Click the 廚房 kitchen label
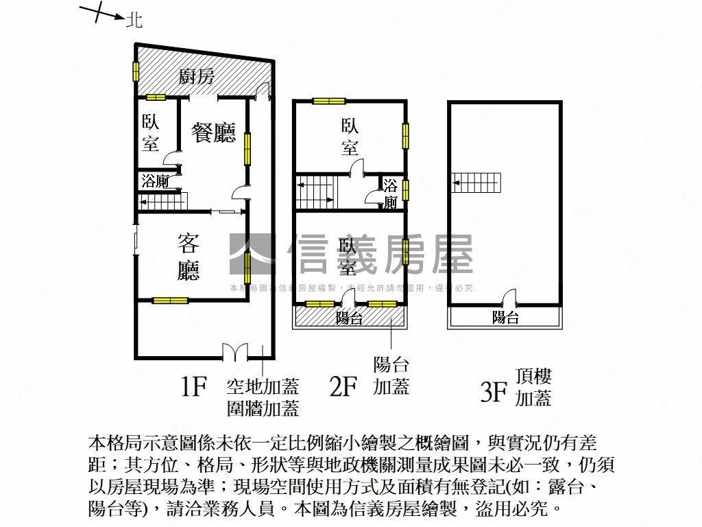[x=197, y=76]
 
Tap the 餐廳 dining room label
[x=214, y=132]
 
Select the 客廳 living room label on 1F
[x=189, y=257]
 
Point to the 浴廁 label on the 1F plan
[x=155, y=181]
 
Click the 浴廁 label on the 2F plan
[x=391, y=194]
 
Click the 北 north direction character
[x=134, y=21]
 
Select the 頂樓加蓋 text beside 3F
[x=533, y=386]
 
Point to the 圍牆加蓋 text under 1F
[x=263, y=409]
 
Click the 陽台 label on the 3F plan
[x=505, y=317]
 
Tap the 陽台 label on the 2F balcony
[x=350, y=318]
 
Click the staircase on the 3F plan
[x=477, y=183]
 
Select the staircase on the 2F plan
[x=315, y=191]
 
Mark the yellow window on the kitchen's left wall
[x=136, y=71]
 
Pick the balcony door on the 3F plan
[x=507, y=299]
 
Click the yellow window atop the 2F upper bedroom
[x=330, y=102]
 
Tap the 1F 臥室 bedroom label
[x=151, y=133]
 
